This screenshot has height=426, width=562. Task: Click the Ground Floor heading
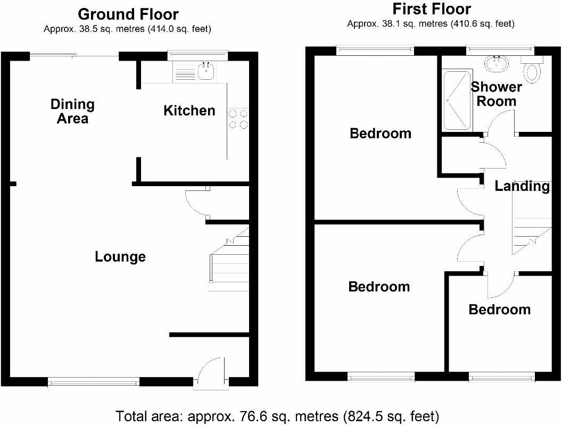tap(128, 14)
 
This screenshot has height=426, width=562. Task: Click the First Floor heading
tap(431, 9)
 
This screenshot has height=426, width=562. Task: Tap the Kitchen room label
tap(189, 111)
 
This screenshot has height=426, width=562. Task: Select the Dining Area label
tap(72, 111)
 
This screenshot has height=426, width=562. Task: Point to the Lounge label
tap(120, 257)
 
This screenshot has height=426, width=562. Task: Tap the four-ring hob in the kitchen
tap(238, 119)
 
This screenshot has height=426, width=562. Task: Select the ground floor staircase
tap(229, 261)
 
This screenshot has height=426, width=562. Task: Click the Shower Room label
tap(496, 94)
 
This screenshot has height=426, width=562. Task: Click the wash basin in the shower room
tap(497, 64)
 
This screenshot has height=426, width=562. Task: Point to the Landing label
tap(522, 186)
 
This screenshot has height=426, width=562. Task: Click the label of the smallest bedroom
tap(499, 310)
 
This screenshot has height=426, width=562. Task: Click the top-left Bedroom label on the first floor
tap(380, 133)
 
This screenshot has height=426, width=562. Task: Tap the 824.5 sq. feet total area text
tap(390, 415)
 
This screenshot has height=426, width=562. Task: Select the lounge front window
tap(94, 380)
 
